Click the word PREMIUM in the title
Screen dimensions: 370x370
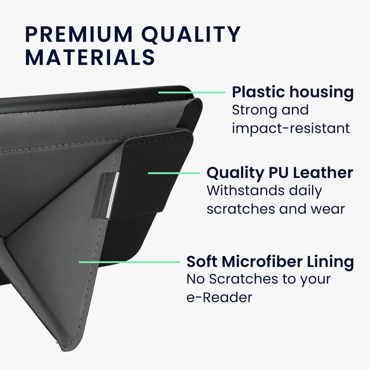79,34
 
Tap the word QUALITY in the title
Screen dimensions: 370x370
191,34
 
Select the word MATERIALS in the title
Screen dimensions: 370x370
90,57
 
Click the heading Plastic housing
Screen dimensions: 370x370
293,92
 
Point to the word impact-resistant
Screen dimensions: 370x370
291,129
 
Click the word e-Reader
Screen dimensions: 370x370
219,297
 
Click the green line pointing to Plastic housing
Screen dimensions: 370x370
192,92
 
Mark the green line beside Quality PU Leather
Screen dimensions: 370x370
174,173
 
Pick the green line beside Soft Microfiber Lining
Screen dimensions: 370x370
129,262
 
